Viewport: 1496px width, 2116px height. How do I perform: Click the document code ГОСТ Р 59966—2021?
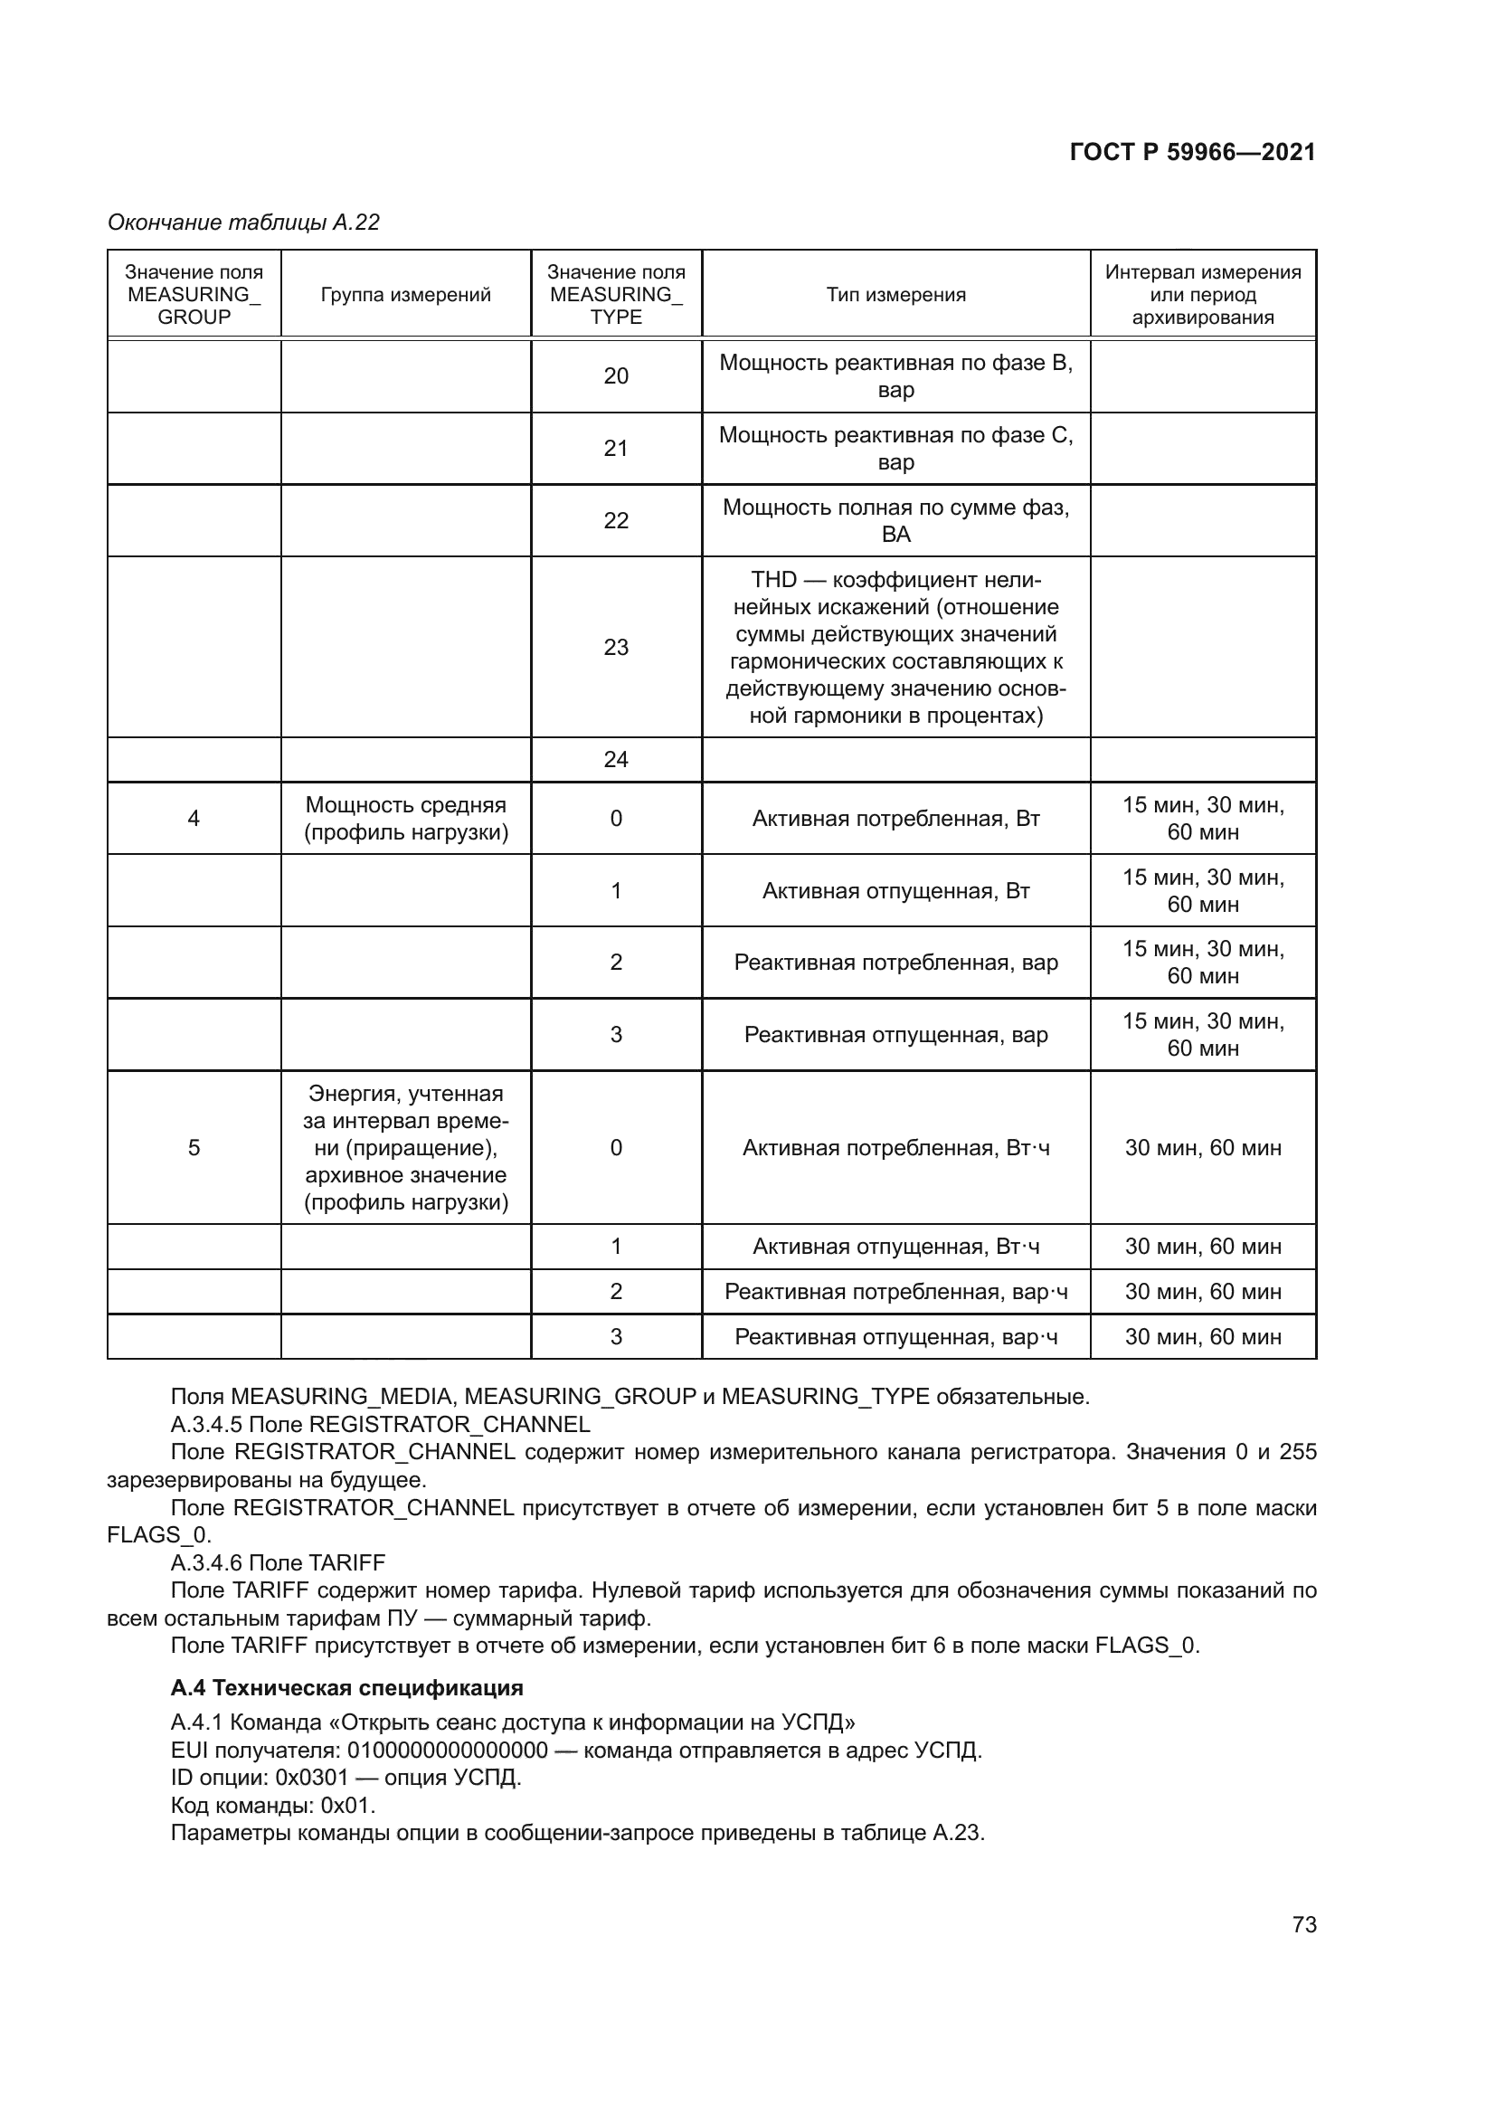[x=1192, y=152]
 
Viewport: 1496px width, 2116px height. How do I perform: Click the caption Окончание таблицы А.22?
[x=243, y=223]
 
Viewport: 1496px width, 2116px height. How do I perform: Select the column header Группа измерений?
[x=405, y=295]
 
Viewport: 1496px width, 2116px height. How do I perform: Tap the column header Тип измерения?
[x=895, y=295]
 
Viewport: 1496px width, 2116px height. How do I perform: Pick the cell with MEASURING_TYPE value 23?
[x=615, y=647]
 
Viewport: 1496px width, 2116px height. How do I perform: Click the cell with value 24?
[x=615, y=759]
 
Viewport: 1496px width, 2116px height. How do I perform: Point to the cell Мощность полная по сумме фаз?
[x=895, y=521]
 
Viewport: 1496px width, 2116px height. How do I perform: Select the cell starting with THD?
[x=895, y=647]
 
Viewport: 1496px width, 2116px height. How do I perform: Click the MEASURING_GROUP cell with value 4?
[x=194, y=819]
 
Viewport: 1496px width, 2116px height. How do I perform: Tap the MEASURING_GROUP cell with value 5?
[x=194, y=1147]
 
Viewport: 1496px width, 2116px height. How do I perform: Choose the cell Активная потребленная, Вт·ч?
[x=895, y=1147]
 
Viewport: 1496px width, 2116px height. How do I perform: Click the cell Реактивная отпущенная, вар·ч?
[x=895, y=1336]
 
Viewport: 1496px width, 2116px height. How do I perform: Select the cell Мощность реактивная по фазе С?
[x=895, y=448]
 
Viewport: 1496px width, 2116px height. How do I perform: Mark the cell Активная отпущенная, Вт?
[x=895, y=891]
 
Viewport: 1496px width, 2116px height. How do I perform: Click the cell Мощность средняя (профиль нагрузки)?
[x=405, y=819]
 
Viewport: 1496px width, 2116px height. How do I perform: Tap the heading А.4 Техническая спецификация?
[x=346, y=1687]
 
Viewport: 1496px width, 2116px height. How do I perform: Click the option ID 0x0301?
[x=311, y=1778]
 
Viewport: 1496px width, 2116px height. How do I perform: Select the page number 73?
[x=1303, y=1924]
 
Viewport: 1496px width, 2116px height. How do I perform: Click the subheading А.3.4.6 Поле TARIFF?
[x=278, y=1562]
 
